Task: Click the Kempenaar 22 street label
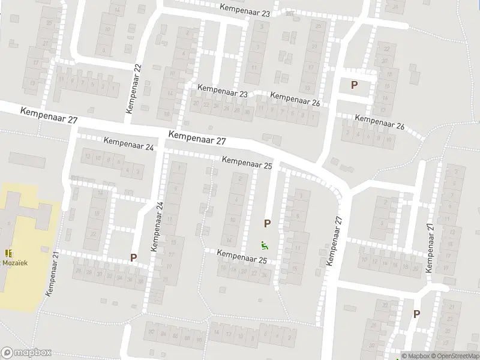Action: point(133,89)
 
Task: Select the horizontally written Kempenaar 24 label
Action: point(129,144)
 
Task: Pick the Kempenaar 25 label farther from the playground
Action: point(247,161)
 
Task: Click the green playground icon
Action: point(263,245)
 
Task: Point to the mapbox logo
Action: point(26,353)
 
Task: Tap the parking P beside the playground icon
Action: point(267,224)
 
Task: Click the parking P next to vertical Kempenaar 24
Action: point(134,258)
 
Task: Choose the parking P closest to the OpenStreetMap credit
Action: point(416,314)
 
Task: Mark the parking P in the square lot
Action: point(354,85)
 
